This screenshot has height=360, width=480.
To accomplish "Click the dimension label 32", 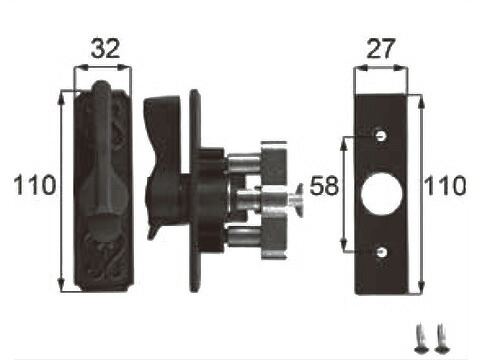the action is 105,48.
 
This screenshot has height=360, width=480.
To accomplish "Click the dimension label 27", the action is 381,48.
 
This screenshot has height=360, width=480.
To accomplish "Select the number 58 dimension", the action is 324,186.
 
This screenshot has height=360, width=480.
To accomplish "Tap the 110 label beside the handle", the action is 35,185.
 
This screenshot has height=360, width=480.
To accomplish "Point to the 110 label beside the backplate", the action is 445,185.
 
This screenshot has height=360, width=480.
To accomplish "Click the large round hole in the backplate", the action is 381,194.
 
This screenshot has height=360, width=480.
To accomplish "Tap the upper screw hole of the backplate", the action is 381,135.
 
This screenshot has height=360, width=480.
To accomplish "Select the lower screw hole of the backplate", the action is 381,252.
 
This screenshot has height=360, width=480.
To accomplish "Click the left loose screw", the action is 421,338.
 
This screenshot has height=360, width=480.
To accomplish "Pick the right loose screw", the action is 441,338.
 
